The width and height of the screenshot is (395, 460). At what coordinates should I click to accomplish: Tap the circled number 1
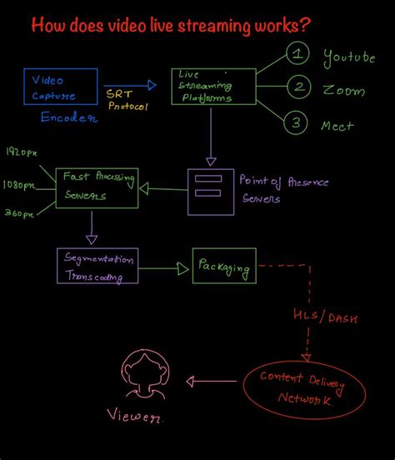[x=297, y=55]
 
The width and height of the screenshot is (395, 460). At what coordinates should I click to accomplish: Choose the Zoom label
[x=343, y=89]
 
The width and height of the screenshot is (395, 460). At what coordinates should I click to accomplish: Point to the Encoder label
[x=69, y=117]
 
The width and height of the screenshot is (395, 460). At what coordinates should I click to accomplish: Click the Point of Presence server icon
[x=208, y=191]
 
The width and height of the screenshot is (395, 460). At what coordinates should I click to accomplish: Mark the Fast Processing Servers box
[x=96, y=187]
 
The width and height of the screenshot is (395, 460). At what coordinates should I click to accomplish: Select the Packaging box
[x=224, y=267]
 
